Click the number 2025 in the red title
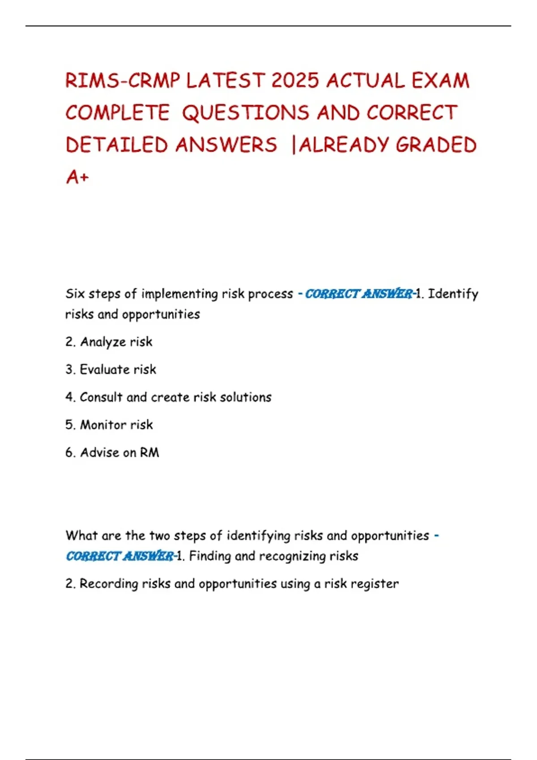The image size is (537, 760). click(x=295, y=81)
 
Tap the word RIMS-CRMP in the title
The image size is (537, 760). click(x=123, y=81)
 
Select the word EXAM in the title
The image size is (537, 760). click(x=440, y=81)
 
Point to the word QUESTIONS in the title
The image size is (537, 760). click(x=246, y=113)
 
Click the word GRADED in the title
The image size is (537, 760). click(x=436, y=145)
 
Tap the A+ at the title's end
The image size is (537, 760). click(x=77, y=177)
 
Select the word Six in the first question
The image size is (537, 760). click(x=75, y=294)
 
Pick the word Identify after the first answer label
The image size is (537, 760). click(x=453, y=294)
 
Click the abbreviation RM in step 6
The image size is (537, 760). click(x=149, y=452)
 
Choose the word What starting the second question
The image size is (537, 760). click(x=81, y=536)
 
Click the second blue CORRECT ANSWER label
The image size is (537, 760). click(x=120, y=556)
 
